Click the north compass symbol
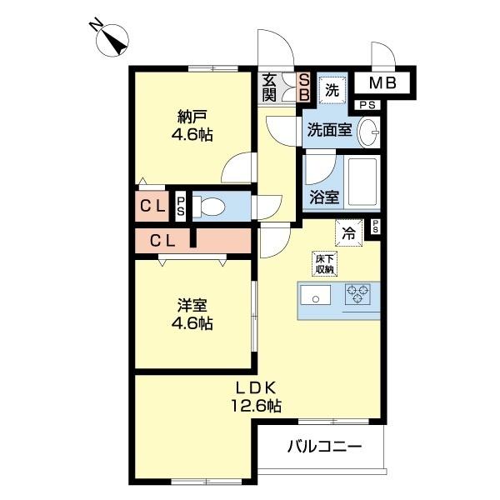tap(111, 39)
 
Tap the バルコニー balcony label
tap(325, 447)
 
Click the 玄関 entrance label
tap(270, 86)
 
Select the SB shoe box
tap(304, 87)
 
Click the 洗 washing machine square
tap(332, 89)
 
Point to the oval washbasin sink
tap(370, 132)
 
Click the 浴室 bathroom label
tap(324, 197)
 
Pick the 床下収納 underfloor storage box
tap(324, 262)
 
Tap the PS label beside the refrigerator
tap(376, 226)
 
